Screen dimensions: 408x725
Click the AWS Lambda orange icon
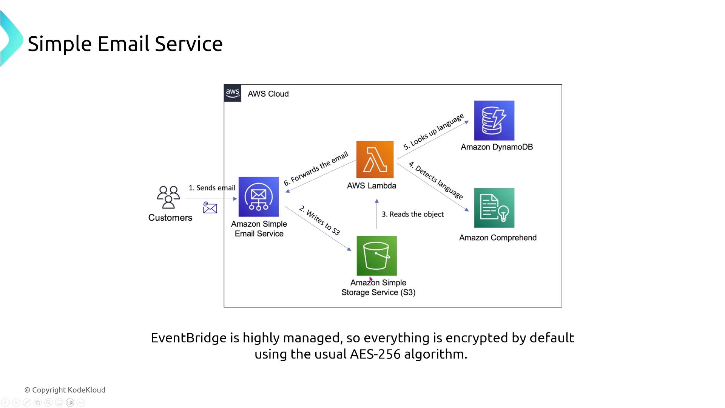pyautogui.click(x=375, y=159)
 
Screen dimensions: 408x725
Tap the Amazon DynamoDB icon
pyautogui.click(x=494, y=121)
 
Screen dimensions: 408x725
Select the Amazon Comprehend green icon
pyautogui.click(x=494, y=208)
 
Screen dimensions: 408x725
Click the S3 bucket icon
pyautogui.click(x=376, y=256)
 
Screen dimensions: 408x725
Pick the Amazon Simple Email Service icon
pyautogui.click(x=259, y=197)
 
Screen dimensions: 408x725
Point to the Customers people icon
pyautogui.click(x=168, y=197)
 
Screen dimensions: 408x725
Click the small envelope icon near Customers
pyautogui.click(x=210, y=208)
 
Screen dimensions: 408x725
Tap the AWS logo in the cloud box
pyautogui.click(x=233, y=93)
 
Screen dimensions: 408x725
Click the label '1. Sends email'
pyautogui.click(x=212, y=188)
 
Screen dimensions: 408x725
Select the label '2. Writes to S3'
pyautogui.click(x=319, y=220)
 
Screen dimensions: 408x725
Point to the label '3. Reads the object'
pyautogui.click(x=412, y=214)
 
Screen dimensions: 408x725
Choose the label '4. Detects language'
pyautogui.click(x=436, y=180)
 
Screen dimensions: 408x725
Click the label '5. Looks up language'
pyautogui.click(x=433, y=132)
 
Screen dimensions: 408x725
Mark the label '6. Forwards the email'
pyautogui.click(x=316, y=168)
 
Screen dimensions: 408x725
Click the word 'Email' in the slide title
pyautogui.click(x=123, y=44)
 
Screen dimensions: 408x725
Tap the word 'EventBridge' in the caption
pyautogui.click(x=189, y=338)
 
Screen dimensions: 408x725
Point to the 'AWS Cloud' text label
pyautogui.click(x=268, y=94)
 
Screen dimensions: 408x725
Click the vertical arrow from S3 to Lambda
pyautogui.click(x=376, y=214)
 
